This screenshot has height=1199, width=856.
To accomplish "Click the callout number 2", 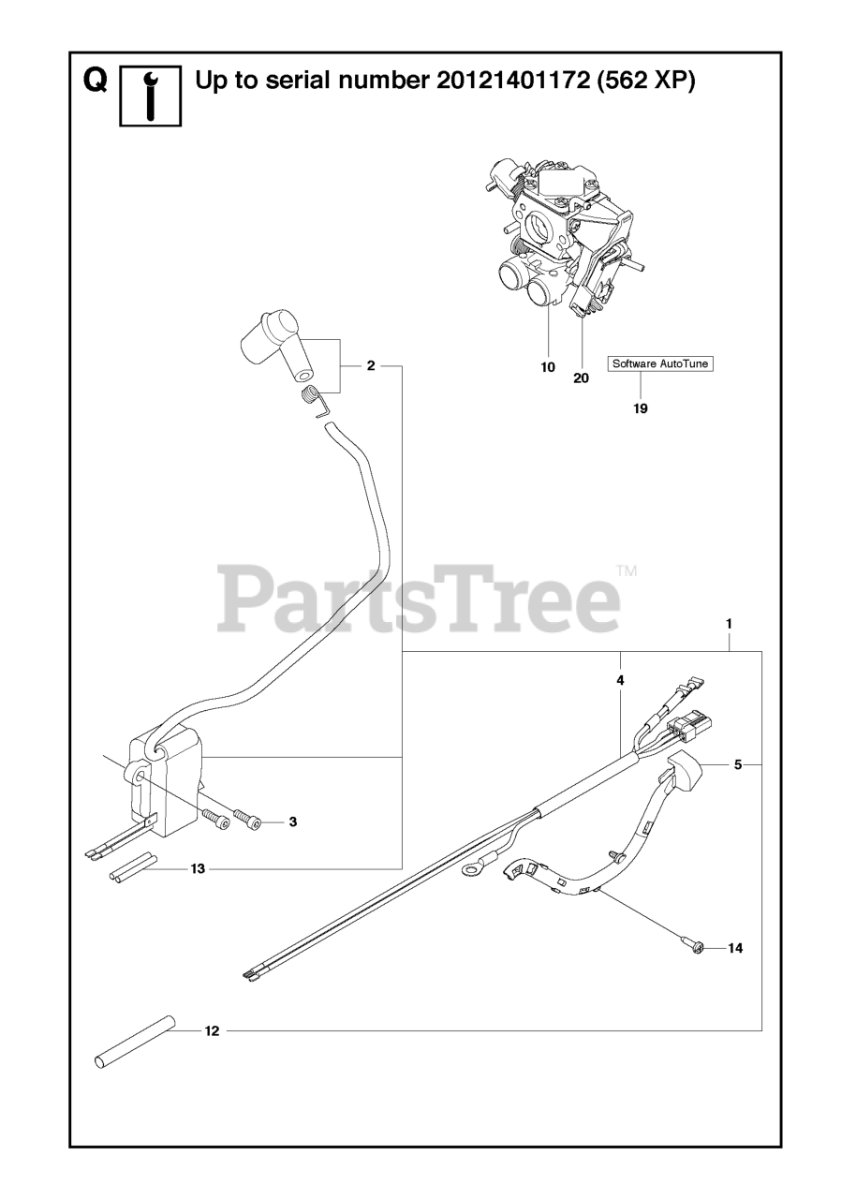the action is [x=371, y=365].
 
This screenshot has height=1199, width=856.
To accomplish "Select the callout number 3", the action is [x=293, y=822].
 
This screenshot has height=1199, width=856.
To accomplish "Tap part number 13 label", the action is [x=198, y=869].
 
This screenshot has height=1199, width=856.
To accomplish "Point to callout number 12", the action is [x=212, y=1031].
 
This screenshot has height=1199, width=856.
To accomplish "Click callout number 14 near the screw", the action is [x=735, y=949].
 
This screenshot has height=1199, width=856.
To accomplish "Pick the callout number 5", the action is [x=738, y=765].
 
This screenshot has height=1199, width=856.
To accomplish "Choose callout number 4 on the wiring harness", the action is [x=620, y=681].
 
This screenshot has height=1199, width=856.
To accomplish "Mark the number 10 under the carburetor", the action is [x=548, y=367].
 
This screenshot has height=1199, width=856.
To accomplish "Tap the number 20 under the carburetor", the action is [x=582, y=378].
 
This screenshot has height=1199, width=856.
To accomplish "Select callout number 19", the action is [x=641, y=407].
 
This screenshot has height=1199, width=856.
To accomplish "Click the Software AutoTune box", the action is [x=660, y=363].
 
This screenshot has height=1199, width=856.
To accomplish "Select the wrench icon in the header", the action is [x=150, y=96].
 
